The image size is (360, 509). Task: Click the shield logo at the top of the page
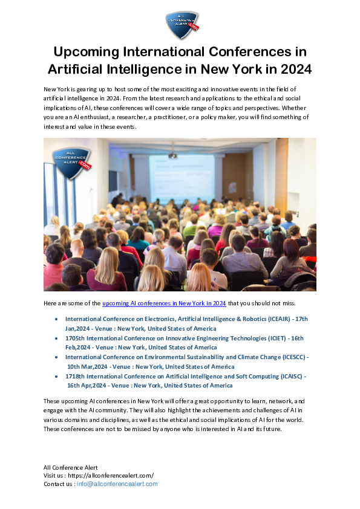point(182,25)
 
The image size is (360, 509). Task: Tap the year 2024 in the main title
point(293,70)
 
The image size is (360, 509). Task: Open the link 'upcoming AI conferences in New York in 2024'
point(164,303)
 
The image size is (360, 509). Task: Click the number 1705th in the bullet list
point(76,338)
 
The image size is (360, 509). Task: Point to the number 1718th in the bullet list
point(76,376)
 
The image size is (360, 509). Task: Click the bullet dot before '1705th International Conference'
point(56,338)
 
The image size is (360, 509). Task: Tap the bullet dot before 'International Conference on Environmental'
point(56,357)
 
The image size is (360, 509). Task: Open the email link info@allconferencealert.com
point(117,484)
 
